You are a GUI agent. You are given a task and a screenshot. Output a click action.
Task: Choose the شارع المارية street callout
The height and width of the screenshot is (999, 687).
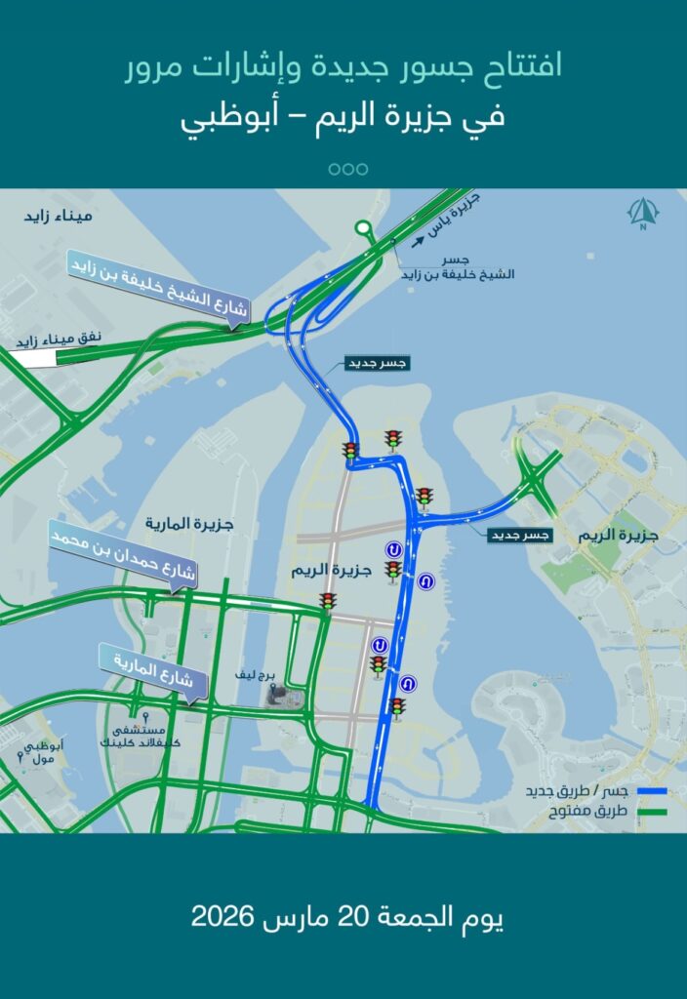pos(152,671)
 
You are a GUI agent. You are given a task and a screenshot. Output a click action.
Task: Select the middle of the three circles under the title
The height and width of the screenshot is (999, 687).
pos(348,169)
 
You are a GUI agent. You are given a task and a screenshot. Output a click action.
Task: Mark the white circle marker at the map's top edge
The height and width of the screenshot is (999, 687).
pos(363,229)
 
